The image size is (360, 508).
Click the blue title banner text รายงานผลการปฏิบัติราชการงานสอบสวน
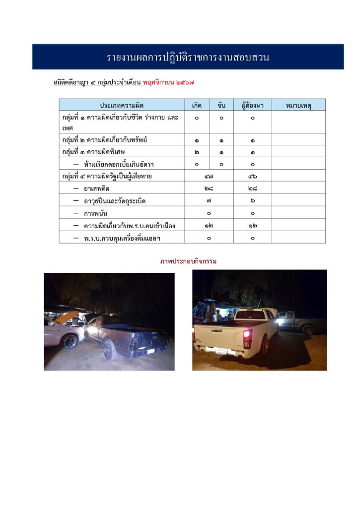click(188, 57)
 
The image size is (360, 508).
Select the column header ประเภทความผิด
click(121, 105)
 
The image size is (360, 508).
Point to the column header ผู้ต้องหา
click(252, 105)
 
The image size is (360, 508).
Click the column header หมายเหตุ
click(298, 105)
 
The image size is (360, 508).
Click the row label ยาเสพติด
click(96, 189)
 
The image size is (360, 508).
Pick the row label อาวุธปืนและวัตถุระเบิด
click(115, 201)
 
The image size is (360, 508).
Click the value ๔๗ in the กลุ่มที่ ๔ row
click(209, 176)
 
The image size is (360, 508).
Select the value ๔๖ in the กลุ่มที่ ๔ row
click(252, 176)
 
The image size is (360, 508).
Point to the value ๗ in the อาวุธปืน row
click(209, 201)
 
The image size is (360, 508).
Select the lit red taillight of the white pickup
click(247, 338)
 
